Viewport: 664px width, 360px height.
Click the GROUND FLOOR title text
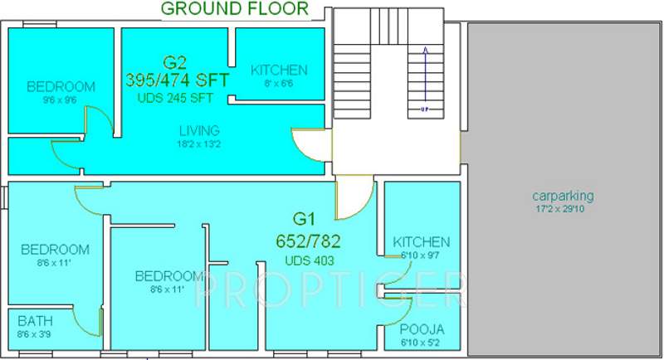click(x=234, y=9)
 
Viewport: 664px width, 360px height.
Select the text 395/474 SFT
click(x=176, y=80)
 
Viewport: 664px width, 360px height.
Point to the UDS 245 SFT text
click(x=176, y=98)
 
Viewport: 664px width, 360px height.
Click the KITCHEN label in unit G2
click(x=279, y=70)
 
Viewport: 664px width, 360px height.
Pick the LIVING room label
click(x=199, y=130)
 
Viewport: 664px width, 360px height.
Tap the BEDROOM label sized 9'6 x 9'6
click(x=61, y=86)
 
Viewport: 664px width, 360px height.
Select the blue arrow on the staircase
click(x=424, y=78)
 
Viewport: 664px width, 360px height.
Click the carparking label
click(x=563, y=196)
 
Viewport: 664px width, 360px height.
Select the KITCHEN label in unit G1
click(x=422, y=241)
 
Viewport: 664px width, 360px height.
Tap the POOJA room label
click(x=422, y=328)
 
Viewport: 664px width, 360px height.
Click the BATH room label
click(x=34, y=320)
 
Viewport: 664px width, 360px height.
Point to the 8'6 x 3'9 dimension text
click(x=34, y=333)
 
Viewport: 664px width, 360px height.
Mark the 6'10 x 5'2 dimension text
click(x=422, y=341)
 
